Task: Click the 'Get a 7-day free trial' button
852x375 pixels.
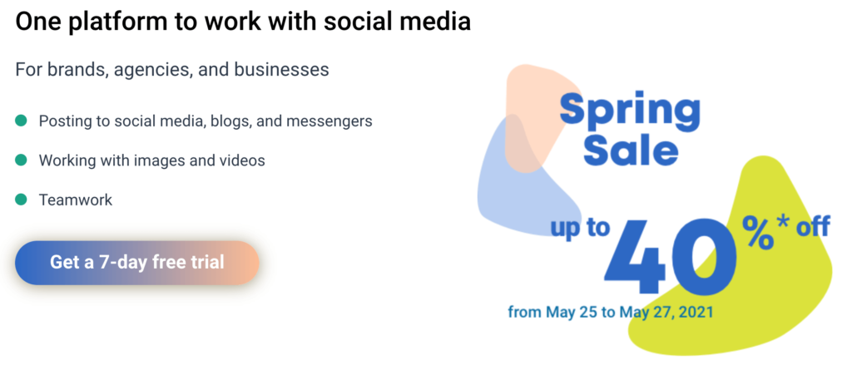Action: [137, 263]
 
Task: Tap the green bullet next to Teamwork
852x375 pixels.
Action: [21, 200]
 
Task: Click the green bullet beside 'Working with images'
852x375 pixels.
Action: [21, 160]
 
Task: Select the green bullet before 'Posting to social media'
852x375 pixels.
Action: [21, 121]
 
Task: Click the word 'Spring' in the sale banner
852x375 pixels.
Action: [630, 111]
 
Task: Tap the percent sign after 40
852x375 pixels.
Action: [758, 232]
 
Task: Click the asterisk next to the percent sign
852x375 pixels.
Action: [783, 222]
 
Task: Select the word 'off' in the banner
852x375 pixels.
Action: [813, 226]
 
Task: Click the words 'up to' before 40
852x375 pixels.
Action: [580, 228]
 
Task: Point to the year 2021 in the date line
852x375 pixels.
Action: [696, 313]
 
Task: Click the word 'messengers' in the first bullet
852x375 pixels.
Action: [329, 121]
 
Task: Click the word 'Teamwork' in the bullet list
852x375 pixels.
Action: [76, 200]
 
